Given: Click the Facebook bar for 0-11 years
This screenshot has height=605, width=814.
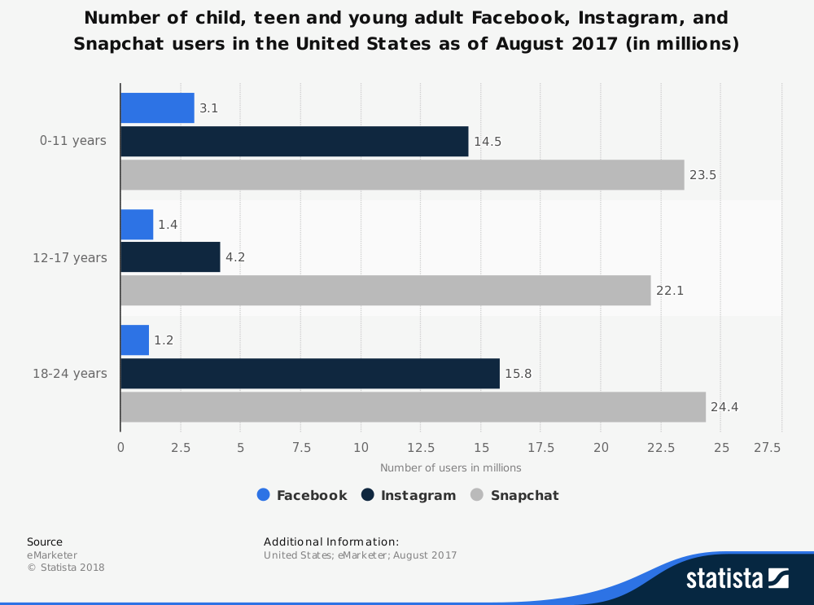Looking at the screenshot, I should pyautogui.click(x=157, y=107).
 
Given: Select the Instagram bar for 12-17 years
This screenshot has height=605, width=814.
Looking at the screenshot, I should pyautogui.click(x=170, y=257).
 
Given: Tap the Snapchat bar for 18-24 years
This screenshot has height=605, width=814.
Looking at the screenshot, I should pyautogui.click(x=413, y=407).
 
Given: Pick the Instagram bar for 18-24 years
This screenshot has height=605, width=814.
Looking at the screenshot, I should pyautogui.click(x=310, y=373).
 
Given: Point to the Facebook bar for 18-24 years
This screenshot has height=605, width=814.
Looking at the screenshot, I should pyautogui.click(x=134, y=340).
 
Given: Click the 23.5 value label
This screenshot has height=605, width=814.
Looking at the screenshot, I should pyautogui.click(x=702, y=175).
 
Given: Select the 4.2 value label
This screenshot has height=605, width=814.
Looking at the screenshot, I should pyautogui.click(x=235, y=257).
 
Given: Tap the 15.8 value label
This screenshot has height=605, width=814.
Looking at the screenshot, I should pyautogui.click(x=518, y=374).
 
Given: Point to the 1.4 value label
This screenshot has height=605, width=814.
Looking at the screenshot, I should pyautogui.click(x=168, y=224).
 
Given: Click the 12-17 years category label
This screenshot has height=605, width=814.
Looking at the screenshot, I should pyautogui.click(x=70, y=257).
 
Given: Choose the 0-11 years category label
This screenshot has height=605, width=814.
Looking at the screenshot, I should pyautogui.click(x=73, y=141).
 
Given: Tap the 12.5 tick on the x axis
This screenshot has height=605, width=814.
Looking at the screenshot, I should pyautogui.click(x=420, y=447).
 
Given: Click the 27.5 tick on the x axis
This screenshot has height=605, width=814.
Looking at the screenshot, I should pyautogui.click(x=768, y=447).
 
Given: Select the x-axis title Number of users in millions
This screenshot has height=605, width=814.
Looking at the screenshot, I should pyautogui.click(x=451, y=467).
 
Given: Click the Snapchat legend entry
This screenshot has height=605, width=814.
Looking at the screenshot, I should pyautogui.click(x=515, y=495).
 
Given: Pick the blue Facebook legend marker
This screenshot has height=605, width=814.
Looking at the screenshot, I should pyautogui.click(x=263, y=495).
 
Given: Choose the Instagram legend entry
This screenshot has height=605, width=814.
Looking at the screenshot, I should pyautogui.click(x=409, y=495).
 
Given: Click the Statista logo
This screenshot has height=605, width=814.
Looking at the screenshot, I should pyautogui.click(x=737, y=578).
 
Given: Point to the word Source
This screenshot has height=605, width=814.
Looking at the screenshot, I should pyautogui.click(x=45, y=541).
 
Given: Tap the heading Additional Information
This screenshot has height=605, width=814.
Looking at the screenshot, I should pyautogui.click(x=331, y=541).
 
